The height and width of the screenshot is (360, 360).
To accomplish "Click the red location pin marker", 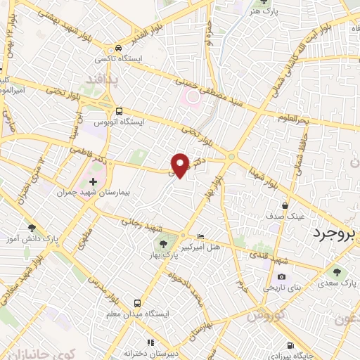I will click(x=181, y=165).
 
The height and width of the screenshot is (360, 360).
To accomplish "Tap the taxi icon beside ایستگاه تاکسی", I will click(x=120, y=47).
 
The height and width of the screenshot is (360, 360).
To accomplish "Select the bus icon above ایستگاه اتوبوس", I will click(x=118, y=110).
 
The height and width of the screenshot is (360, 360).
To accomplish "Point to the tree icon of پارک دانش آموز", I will click(x=32, y=227).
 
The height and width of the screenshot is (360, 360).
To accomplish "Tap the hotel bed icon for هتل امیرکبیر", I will click(x=202, y=237).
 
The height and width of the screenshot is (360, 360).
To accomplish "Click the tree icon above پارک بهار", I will click(x=162, y=244).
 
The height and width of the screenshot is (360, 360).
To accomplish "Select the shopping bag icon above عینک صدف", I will click(x=284, y=206).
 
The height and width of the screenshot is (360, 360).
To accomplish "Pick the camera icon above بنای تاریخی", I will click(x=282, y=277).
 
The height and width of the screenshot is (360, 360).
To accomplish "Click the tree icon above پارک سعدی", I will click(x=337, y=272).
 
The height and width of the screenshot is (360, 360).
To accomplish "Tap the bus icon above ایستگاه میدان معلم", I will click(x=136, y=302).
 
